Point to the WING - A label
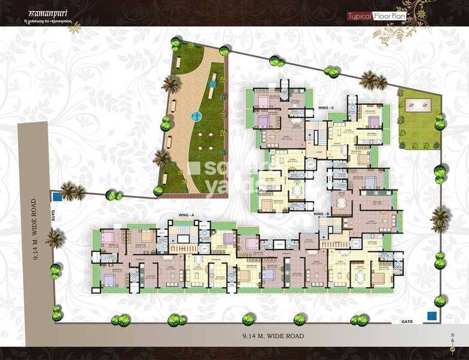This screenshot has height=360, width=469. [186, 214]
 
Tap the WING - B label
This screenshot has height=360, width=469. [321, 214]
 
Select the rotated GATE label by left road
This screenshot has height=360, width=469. [54, 214]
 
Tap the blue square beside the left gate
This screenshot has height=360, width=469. [57, 197]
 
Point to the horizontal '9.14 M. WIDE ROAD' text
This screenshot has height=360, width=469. [273, 336]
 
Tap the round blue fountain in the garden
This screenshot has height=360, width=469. [197, 115]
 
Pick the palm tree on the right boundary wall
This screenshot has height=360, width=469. [440, 218]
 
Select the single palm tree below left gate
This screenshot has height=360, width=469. [55, 237]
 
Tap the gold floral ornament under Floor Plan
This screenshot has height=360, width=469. [398, 32]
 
